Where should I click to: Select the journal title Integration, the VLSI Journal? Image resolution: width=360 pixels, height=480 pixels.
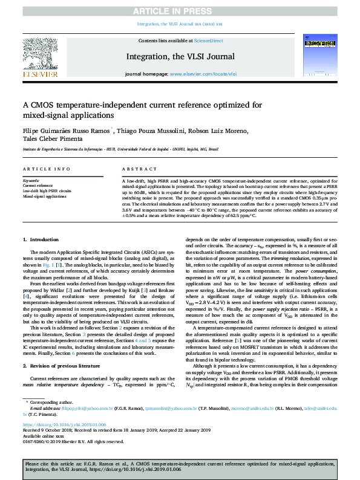click(180, 56)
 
